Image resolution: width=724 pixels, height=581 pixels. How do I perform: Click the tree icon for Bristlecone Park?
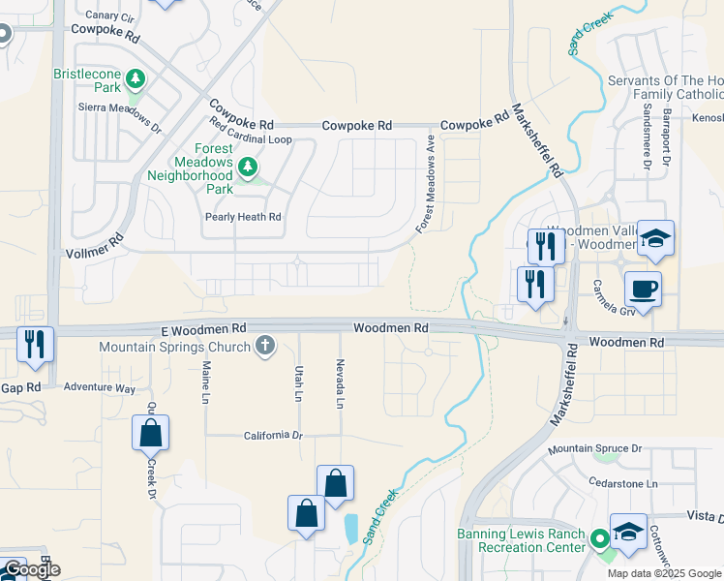[x=137, y=77]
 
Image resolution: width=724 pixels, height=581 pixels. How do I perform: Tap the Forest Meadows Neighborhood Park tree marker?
[x=248, y=168]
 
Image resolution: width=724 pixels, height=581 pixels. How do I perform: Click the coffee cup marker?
[x=643, y=288]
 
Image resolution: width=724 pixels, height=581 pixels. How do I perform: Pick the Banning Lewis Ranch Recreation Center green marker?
[x=599, y=538]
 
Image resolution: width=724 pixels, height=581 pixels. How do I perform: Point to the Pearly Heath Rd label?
[x=242, y=218]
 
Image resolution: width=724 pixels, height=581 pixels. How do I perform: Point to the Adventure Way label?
[x=99, y=387]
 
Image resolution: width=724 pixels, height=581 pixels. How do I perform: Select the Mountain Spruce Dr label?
[x=594, y=449]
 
